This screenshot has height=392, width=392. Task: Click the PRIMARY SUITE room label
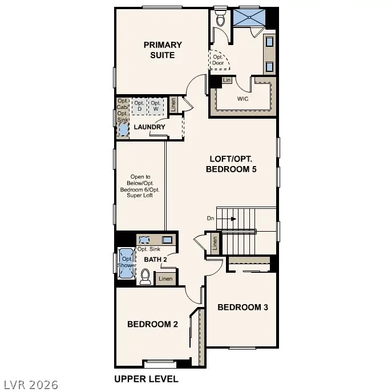(x=163, y=50)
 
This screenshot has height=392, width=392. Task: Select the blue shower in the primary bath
(x=249, y=17)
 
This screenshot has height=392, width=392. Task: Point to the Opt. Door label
(x=219, y=60)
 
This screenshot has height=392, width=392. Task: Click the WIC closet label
(x=244, y=98)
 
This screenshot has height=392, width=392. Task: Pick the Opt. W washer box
(x=156, y=105)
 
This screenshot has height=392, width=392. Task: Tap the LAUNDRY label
(x=149, y=127)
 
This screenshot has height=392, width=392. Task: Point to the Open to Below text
(x=140, y=186)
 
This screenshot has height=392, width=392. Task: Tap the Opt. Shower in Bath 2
(x=126, y=262)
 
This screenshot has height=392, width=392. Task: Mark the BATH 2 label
(x=155, y=260)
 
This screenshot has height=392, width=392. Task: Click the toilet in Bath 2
(x=146, y=277)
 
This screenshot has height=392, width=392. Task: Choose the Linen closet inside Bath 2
(x=165, y=279)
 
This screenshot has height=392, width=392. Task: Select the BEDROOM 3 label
(x=243, y=307)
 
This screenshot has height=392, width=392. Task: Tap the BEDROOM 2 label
(x=152, y=324)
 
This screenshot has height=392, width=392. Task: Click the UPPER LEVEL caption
(x=146, y=379)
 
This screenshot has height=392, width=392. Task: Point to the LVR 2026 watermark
(x=30, y=384)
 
